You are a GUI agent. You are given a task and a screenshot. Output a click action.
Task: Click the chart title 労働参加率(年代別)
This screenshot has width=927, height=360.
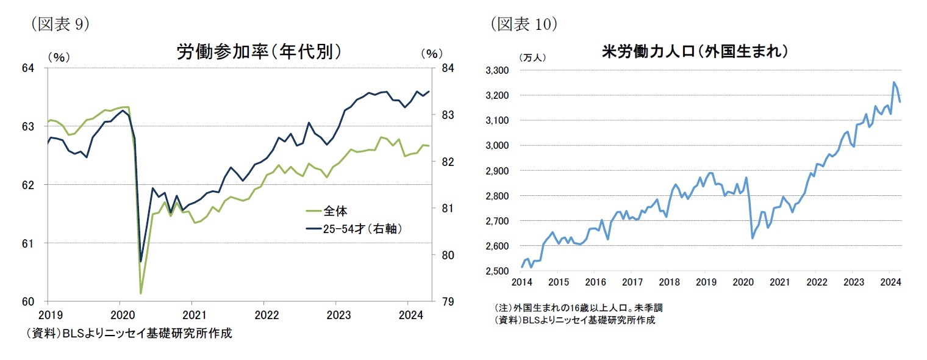(259, 51)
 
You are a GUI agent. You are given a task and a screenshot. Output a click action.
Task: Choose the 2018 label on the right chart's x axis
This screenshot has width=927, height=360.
(669, 283)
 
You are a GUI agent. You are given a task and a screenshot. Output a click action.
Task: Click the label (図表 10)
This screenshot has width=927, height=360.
(523, 23)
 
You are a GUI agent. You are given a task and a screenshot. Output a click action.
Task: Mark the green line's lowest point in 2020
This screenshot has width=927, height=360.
(141, 293)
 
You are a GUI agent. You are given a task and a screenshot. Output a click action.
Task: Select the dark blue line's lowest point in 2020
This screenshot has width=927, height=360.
(141, 261)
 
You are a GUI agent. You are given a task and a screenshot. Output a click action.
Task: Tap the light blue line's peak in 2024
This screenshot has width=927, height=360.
(894, 82)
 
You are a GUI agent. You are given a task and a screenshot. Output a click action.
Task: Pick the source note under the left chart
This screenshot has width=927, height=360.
(128, 334)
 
